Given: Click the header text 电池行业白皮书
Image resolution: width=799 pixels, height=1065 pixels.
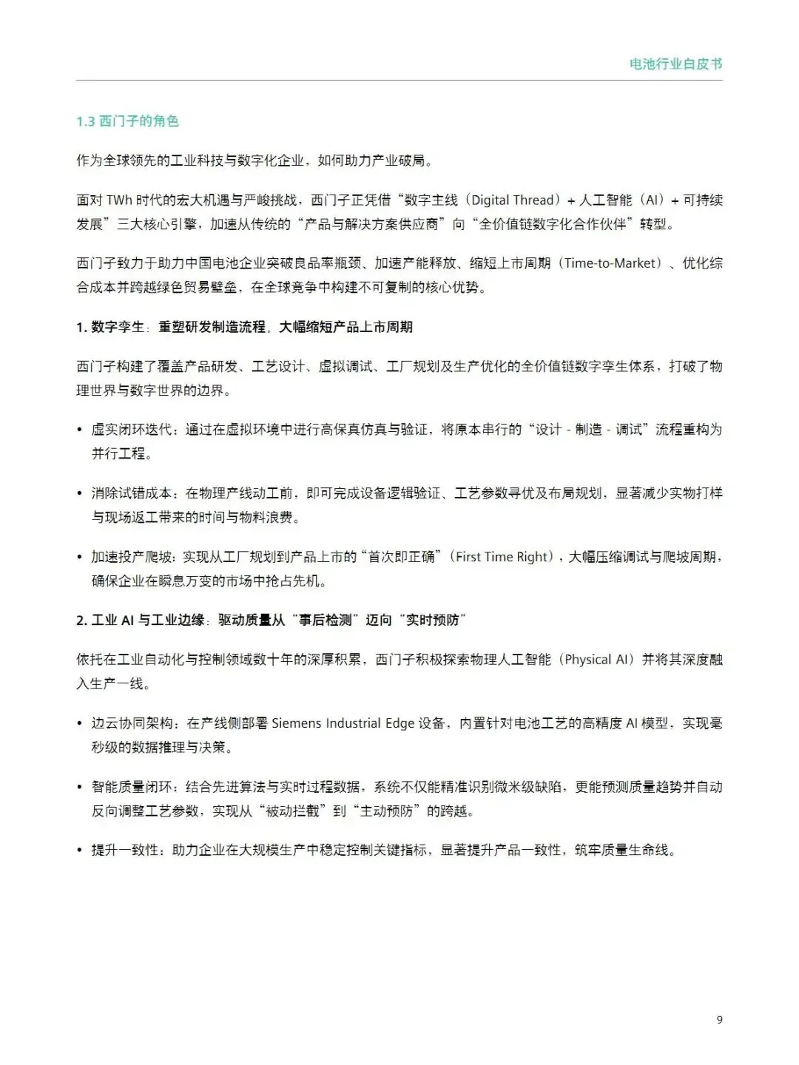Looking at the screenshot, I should click(x=675, y=64).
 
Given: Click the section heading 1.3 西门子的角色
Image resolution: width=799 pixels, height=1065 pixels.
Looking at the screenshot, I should click(x=127, y=121).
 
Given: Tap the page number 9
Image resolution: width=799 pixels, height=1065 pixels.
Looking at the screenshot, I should click(x=719, y=1020).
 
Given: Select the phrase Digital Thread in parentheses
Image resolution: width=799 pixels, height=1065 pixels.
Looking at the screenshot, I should click(x=512, y=200).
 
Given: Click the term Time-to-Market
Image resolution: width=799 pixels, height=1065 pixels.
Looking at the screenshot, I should click(x=610, y=263).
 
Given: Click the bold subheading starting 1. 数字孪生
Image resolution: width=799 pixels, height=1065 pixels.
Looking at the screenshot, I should click(x=244, y=327).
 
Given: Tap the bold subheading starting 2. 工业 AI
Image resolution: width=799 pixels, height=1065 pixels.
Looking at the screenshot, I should click(x=271, y=621).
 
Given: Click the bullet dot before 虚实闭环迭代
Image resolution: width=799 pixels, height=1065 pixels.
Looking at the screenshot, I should click(x=80, y=430).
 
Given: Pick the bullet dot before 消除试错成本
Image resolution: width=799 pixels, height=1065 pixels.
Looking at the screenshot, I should click(x=80, y=493).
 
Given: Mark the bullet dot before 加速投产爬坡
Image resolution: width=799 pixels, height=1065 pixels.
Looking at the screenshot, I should click(x=80, y=558).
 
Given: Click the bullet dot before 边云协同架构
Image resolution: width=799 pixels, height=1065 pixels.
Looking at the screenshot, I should click(x=80, y=723).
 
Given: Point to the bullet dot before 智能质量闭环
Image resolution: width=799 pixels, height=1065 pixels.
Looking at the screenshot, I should click(x=80, y=787).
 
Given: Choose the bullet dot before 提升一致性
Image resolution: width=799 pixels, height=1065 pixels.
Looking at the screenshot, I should click(x=80, y=851).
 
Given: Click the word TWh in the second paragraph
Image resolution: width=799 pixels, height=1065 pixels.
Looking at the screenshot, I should click(x=119, y=200).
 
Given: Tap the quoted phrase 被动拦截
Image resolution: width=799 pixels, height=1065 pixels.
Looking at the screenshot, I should click(x=294, y=811).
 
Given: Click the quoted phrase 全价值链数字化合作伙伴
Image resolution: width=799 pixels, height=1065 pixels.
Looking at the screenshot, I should click(x=559, y=224).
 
